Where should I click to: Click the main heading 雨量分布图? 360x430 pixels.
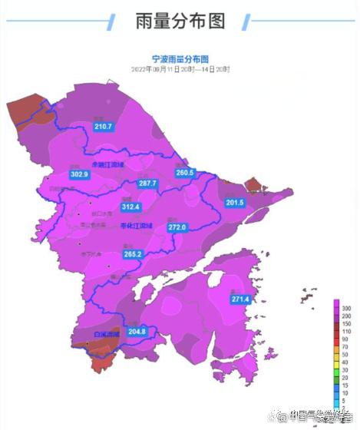click(180, 21)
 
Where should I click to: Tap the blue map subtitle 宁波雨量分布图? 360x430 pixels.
click(180, 58)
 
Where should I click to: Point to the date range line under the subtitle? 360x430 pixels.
click(180, 69)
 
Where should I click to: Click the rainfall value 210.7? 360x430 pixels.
click(103, 127)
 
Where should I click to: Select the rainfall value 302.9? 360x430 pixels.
click(79, 175)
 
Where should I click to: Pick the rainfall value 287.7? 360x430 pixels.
click(147, 184)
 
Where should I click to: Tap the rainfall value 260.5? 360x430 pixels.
click(185, 174)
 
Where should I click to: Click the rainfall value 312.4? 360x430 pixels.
click(131, 207)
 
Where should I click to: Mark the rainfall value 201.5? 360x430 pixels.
click(235, 203)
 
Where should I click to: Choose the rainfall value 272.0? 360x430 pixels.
click(177, 227)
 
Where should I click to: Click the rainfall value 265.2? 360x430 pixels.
click(133, 254)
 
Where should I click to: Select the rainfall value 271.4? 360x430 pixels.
click(241, 299)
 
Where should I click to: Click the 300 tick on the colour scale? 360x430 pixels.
click(346, 307)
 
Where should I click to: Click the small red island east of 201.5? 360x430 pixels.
click(253, 185)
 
